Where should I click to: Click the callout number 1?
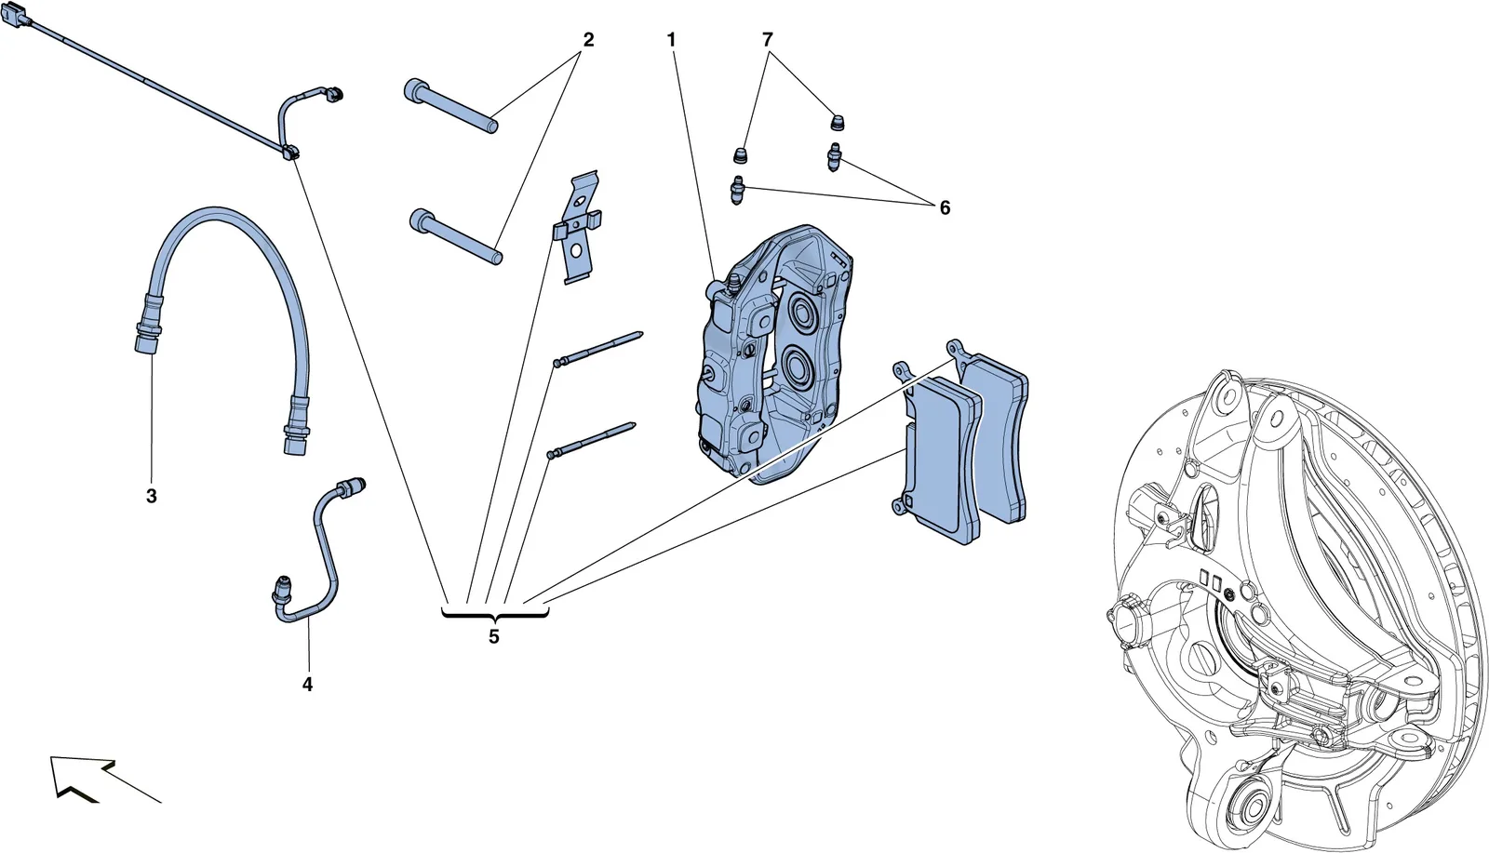tap(671, 41)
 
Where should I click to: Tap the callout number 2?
tap(588, 41)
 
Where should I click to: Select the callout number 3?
tap(152, 496)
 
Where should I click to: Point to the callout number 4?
tap(307, 685)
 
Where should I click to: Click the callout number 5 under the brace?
tap(494, 637)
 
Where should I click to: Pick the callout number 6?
tap(945, 208)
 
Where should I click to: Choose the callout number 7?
tap(768, 41)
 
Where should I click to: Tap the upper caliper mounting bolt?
tap(450, 106)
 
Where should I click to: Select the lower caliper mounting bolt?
tap(455, 237)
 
